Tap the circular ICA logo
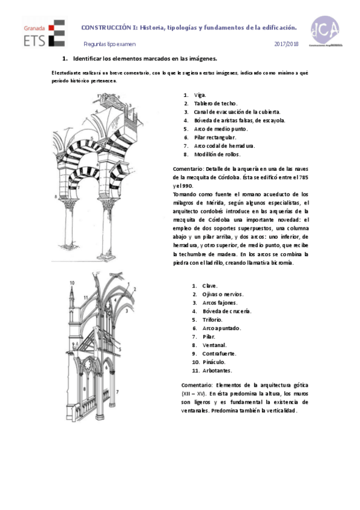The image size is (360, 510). (325, 31)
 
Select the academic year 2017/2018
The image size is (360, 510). (286, 45)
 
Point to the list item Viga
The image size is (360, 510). (200, 95)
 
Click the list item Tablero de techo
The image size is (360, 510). (216, 103)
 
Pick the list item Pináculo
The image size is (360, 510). (214, 361)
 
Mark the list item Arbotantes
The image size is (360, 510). (217, 370)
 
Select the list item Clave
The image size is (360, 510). (209, 286)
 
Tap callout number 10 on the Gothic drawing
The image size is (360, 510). (73, 281)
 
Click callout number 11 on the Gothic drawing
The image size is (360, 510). (86, 297)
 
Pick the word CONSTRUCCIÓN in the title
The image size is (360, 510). (105, 28)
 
